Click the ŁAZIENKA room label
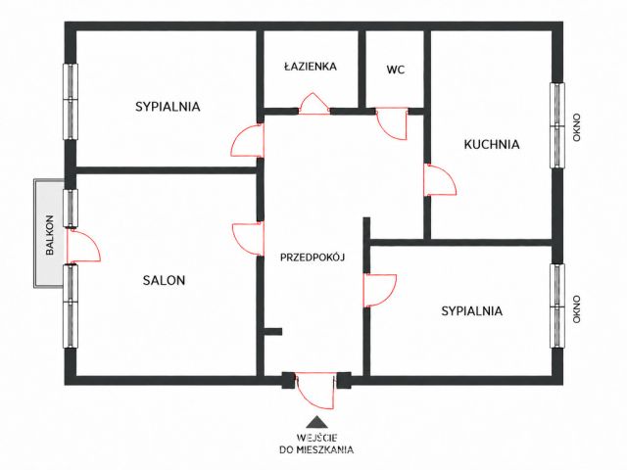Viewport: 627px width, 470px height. [311, 66]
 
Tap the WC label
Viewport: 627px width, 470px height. [396, 70]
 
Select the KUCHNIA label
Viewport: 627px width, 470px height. [492, 144]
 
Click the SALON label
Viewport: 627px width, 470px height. [164, 281]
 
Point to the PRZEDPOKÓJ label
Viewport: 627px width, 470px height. [313, 258]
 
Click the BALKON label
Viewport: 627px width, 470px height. [50, 235]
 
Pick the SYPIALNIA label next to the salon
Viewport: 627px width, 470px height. [168, 107]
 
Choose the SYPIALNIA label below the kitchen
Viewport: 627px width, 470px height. [472, 311]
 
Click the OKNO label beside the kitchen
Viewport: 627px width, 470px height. [576, 127]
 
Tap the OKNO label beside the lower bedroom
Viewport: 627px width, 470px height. [576, 309]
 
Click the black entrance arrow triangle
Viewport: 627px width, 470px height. [316, 422]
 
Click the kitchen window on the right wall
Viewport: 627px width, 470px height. [557, 125]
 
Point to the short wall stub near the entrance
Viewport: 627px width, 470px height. [273, 331]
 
